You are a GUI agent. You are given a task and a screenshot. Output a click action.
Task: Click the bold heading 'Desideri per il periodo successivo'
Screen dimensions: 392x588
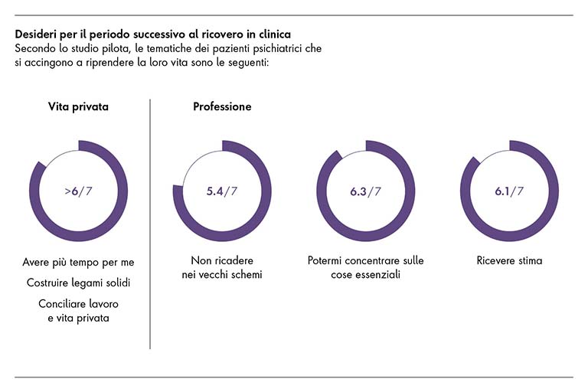(x=152, y=35)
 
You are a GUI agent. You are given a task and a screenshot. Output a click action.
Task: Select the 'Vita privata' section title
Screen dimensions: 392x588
(x=78, y=106)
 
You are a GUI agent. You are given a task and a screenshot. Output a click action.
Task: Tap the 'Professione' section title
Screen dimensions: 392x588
(x=222, y=106)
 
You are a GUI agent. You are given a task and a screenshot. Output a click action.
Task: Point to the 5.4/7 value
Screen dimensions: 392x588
(x=222, y=191)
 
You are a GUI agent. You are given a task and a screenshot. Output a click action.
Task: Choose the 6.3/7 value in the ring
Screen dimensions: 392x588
(x=365, y=191)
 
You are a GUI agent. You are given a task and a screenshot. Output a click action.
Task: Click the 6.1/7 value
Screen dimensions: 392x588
(x=509, y=191)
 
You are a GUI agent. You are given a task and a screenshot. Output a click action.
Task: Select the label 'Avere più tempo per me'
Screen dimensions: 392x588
(x=78, y=263)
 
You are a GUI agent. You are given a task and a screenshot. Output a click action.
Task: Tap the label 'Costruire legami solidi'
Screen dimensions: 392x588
(x=78, y=283)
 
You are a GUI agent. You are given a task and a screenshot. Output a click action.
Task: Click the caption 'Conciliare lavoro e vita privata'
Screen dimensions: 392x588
(x=78, y=309)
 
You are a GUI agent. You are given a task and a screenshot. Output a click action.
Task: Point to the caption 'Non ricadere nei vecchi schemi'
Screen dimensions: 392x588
(x=222, y=267)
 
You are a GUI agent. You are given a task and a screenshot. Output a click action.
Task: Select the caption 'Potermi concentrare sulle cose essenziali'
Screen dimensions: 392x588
(x=365, y=267)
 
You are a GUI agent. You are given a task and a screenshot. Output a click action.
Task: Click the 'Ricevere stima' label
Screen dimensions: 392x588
(x=509, y=260)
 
